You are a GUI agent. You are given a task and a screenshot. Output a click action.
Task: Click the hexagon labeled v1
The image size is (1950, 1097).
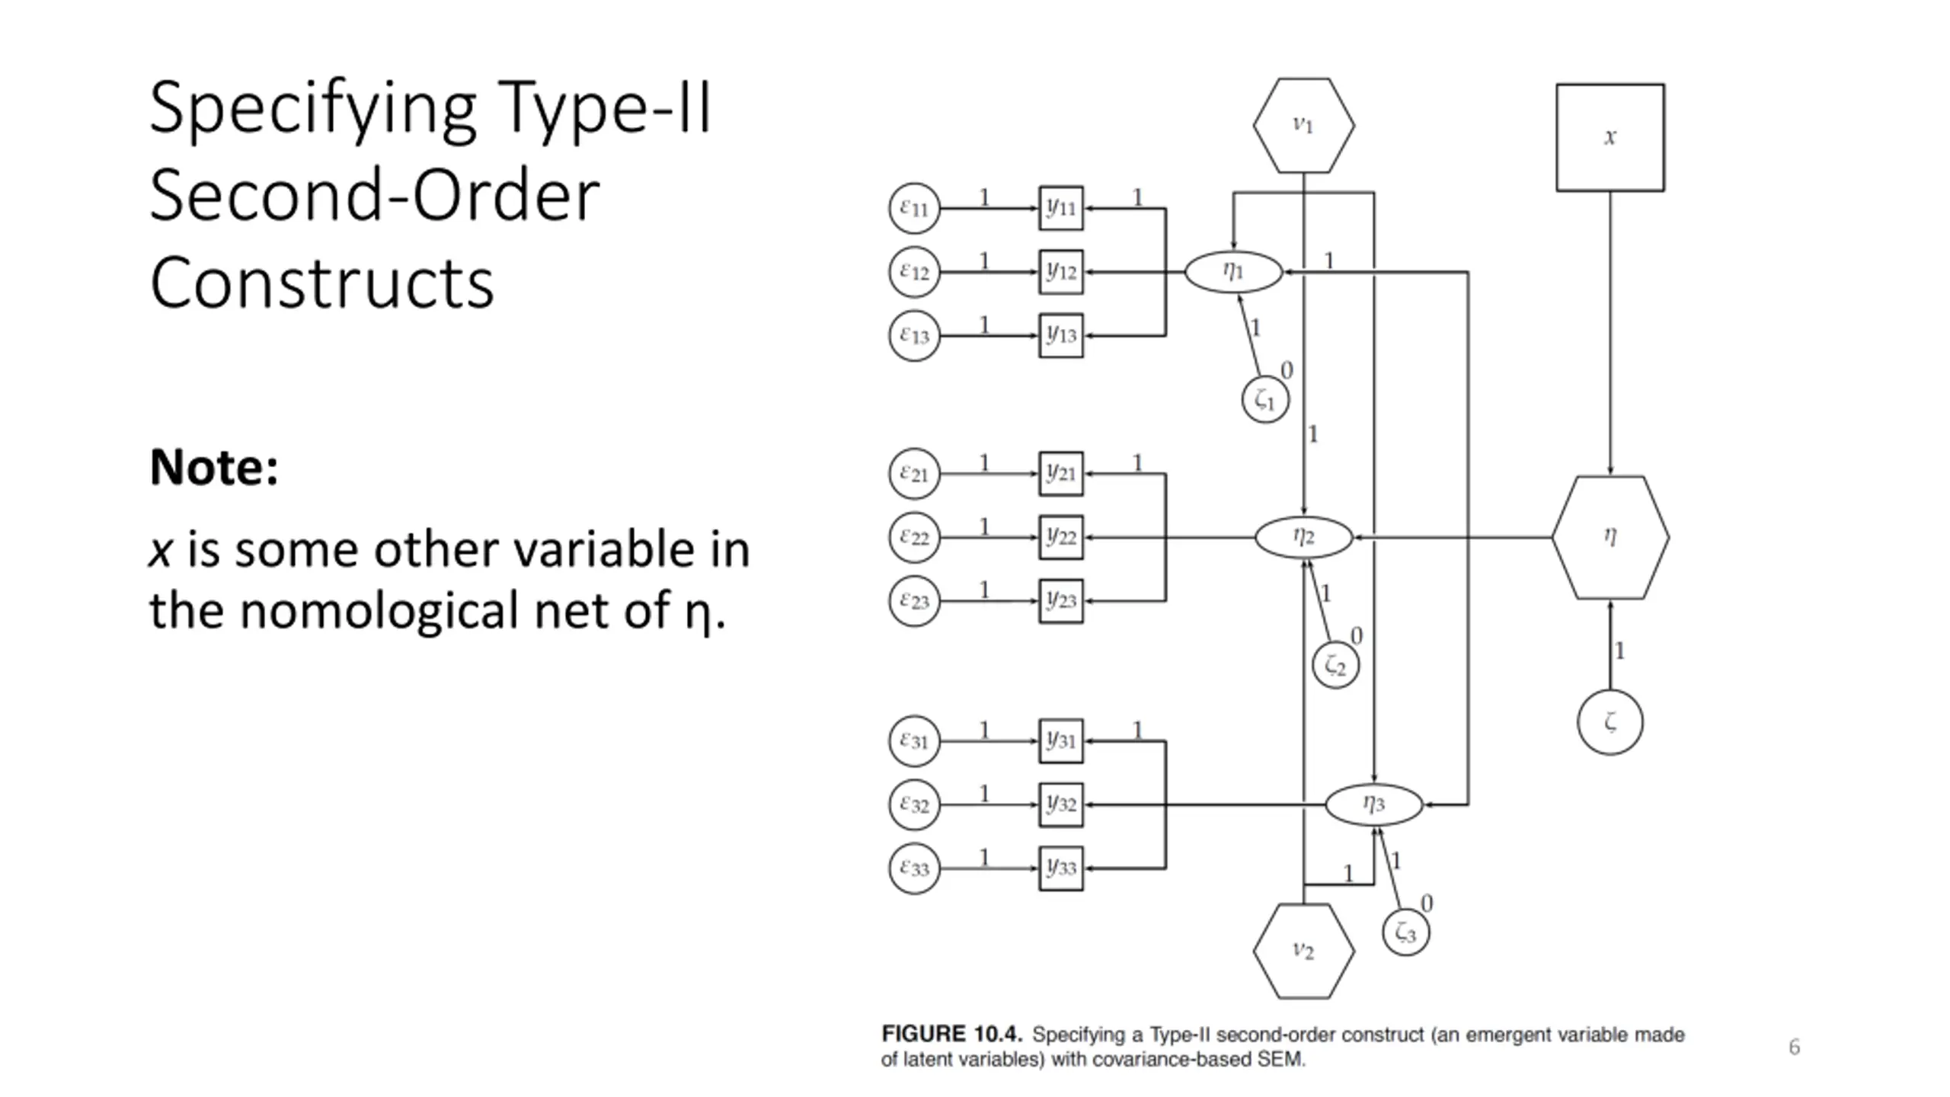(x=1303, y=126)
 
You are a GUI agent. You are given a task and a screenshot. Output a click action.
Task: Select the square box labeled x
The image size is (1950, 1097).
(x=1610, y=138)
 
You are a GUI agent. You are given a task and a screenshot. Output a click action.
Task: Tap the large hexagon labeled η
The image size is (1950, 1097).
(x=1610, y=537)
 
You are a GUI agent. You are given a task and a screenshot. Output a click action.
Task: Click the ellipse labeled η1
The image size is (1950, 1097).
(x=1233, y=271)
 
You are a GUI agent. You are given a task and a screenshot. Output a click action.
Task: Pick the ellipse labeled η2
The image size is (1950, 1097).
(x=1303, y=537)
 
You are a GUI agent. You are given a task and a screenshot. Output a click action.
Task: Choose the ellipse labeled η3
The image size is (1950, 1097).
(x=1373, y=804)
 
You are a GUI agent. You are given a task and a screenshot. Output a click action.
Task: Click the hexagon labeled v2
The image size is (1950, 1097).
(x=1303, y=951)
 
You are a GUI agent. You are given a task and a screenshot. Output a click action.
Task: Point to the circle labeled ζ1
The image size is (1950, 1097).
(x=1265, y=399)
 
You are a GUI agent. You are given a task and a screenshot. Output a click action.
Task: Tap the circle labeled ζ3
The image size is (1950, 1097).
(x=1405, y=932)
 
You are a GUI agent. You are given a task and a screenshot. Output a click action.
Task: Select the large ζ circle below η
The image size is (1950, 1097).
(x=1610, y=721)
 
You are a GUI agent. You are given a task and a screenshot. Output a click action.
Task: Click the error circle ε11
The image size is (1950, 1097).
(x=914, y=208)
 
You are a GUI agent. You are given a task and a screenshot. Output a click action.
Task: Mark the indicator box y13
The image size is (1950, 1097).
(x=1060, y=335)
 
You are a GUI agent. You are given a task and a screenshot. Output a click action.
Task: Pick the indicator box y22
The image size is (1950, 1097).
(x=1060, y=537)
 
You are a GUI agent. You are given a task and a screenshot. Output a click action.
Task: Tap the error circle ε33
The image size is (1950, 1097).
(x=914, y=868)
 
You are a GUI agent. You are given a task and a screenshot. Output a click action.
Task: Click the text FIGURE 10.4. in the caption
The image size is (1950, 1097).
(x=951, y=1035)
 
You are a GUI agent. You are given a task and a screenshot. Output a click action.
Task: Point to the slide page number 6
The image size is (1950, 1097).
(x=1794, y=1047)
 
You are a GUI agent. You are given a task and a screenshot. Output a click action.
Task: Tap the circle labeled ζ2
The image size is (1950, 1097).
(x=1335, y=665)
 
